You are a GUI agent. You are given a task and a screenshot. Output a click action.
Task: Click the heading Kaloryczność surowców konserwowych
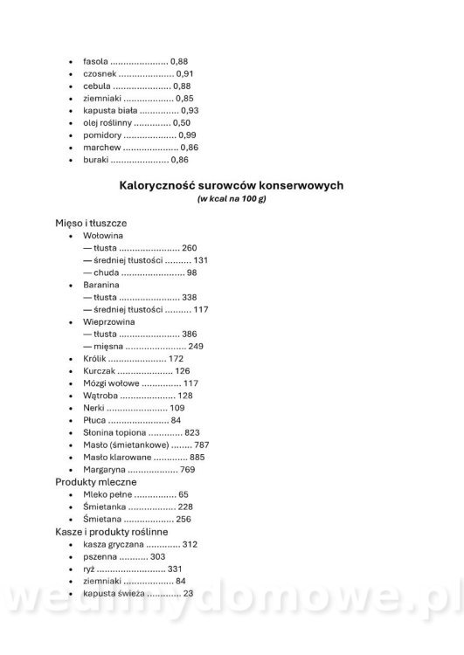tap(232, 185)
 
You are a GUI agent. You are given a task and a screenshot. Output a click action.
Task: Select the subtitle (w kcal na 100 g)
tap(232, 199)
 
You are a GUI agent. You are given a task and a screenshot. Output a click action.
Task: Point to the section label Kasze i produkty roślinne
tap(112, 531)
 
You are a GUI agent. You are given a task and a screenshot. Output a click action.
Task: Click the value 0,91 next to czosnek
tap(184, 73)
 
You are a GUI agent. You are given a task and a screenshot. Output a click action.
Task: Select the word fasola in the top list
tap(96, 61)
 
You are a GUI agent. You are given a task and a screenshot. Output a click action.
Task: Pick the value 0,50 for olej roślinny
tap(182, 123)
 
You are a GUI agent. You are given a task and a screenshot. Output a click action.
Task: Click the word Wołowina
tap(103, 236)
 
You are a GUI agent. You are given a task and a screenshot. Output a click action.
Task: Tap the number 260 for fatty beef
tap(190, 248)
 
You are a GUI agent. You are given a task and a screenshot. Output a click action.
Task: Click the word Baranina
tap(101, 285)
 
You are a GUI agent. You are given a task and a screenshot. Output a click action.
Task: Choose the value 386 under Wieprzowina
tap(190, 334)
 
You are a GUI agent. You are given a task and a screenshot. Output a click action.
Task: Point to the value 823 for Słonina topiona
tap(192, 432)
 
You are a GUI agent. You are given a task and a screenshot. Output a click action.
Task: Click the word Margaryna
tap(104, 469)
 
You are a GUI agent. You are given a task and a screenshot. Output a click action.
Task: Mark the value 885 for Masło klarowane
tap(197, 457)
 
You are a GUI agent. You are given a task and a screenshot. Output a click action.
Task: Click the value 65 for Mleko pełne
tap(184, 494)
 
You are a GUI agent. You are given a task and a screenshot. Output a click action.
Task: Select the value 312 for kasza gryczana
tap(190, 544)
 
